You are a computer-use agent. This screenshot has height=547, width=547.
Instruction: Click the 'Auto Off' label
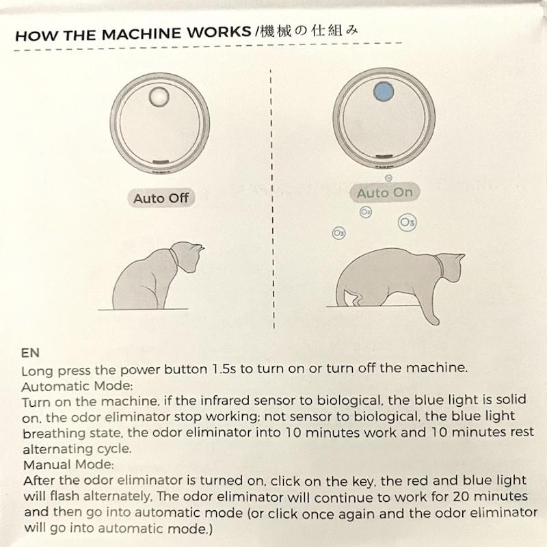pyautogui.click(x=161, y=198)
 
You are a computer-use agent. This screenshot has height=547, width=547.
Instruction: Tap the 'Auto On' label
pyautogui.click(x=385, y=193)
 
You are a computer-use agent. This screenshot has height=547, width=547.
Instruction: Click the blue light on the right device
pyautogui.click(x=384, y=92)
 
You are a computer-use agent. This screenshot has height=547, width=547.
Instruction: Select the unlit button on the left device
pyautogui.click(x=159, y=96)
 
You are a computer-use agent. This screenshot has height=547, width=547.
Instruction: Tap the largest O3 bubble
pyautogui.click(x=407, y=222)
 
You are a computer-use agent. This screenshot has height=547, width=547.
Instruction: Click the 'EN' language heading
pyautogui.click(x=30, y=353)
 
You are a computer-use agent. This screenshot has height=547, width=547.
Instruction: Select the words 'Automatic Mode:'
pyautogui.click(x=77, y=386)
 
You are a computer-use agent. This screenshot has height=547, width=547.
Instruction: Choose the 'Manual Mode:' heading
pyautogui.click(x=68, y=465)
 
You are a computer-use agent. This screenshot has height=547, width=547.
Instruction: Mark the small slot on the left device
pyautogui.click(x=161, y=162)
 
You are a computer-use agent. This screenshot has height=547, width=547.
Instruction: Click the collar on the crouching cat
pyautogui.click(x=439, y=265)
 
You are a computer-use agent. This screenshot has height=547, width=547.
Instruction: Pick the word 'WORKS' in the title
pyautogui.click(x=219, y=32)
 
